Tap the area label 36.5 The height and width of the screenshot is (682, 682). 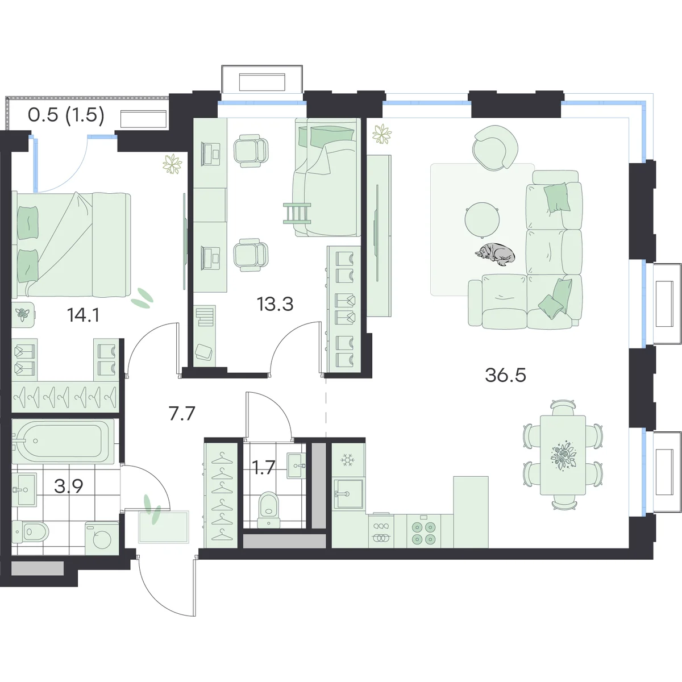pyautogui.click(x=505, y=375)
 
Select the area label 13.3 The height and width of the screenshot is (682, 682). pyautogui.click(x=275, y=304)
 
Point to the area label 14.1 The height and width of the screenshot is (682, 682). pyautogui.click(x=84, y=315)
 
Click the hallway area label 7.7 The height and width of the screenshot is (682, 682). pyautogui.click(x=182, y=413)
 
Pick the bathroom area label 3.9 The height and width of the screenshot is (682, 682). pyautogui.click(x=69, y=486)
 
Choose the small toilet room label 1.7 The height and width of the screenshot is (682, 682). pyautogui.click(x=264, y=467)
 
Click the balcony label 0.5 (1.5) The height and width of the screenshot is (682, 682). pyautogui.click(x=66, y=115)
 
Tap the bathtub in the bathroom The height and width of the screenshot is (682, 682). pyautogui.click(x=63, y=441)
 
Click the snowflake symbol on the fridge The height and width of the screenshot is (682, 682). pyautogui.click(x=347, y=460)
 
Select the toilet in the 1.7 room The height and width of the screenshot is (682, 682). pyautogui.click(x=269, y=510)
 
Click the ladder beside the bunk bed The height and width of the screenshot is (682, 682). pyautogui.click(x=297, y=214)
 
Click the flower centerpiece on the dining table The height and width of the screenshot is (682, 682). pyautogui.click(x=563, y=455)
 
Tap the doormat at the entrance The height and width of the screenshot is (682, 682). pyautogui.click(x=164, y=527)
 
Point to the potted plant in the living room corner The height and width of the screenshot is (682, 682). pyautogui.click(x=382, y=134)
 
